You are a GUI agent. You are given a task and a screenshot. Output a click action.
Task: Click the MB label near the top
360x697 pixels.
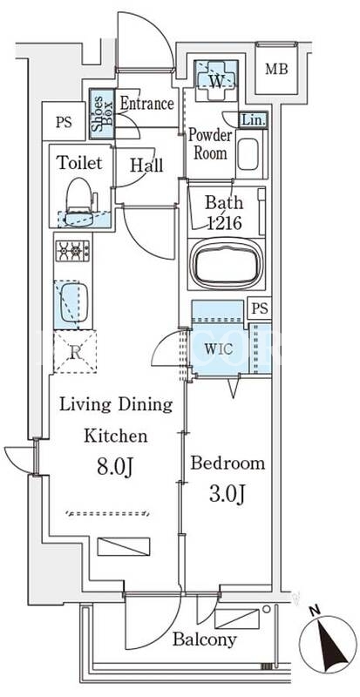276,70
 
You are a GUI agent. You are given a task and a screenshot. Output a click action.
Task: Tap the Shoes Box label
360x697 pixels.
102,112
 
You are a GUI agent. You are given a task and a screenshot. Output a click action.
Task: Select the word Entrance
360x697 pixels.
146,104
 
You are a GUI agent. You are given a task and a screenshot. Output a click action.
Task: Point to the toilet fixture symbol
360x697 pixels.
79,202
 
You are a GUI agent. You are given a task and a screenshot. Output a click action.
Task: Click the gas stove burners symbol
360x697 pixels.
72,251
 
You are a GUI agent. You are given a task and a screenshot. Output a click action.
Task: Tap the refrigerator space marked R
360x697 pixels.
75,352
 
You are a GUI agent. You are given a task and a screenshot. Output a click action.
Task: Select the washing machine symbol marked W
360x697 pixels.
216,77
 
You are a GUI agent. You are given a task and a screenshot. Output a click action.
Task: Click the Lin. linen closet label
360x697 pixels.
253,120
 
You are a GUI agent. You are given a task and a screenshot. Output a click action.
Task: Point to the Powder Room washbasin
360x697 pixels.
248,154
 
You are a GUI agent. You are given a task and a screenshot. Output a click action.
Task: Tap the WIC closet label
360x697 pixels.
218,349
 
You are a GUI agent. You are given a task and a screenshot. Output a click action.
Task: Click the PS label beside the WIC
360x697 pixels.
259,309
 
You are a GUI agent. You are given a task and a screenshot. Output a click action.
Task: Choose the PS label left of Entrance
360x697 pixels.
64,122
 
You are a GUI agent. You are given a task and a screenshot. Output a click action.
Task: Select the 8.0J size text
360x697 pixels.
112,468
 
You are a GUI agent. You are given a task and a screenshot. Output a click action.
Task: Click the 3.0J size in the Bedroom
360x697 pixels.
227,495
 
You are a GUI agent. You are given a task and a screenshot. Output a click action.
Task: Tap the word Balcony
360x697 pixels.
204,640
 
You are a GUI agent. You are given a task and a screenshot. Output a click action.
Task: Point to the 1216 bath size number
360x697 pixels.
224,222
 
